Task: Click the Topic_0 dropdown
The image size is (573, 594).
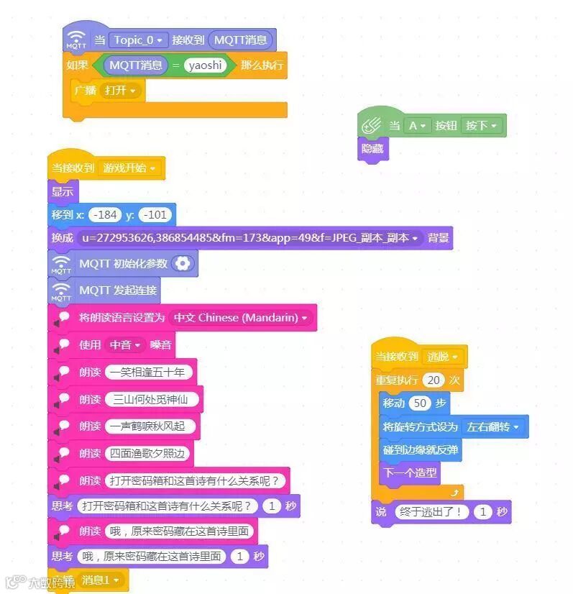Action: point(138,40)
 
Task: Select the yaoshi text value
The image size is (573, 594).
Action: point(205,65)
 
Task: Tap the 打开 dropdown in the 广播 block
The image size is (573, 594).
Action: point(120,91)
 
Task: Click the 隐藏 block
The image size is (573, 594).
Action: point(372,150)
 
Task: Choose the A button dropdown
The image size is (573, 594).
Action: point(416,125)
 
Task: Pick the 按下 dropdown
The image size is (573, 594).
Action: point(481,125)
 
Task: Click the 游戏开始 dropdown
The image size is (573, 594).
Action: point(129,168)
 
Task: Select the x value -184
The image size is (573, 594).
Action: point(106,215)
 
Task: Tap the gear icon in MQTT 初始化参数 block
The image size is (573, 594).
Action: point(183,264)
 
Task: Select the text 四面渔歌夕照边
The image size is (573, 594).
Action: point(147,454)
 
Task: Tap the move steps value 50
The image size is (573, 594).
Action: point(421,403)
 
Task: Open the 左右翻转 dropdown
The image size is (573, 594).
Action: point(493,427)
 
